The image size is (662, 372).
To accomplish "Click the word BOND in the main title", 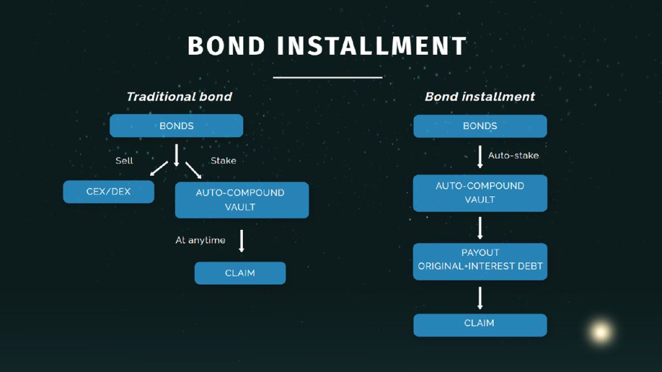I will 226,46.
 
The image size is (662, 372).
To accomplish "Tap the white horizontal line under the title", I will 327,77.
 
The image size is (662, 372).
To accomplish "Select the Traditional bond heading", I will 179,97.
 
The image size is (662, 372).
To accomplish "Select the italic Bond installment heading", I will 480,97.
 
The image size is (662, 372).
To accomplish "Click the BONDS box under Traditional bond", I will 176,126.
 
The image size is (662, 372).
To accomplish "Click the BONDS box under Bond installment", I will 480,126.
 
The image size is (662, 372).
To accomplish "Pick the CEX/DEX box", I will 109,192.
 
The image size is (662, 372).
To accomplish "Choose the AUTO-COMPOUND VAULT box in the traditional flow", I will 242,200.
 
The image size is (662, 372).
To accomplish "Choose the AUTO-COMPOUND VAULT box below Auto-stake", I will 480,192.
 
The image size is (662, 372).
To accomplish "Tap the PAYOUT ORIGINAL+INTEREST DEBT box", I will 480,260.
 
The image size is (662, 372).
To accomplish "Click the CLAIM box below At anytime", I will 240,273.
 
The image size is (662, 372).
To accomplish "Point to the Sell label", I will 124,160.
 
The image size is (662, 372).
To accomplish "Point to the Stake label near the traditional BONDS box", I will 223,160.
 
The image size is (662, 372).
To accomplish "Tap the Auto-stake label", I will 513,156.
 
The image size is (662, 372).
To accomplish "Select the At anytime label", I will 200,240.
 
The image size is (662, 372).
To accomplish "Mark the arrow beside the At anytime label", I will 241,241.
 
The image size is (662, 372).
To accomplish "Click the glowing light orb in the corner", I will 601,332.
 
